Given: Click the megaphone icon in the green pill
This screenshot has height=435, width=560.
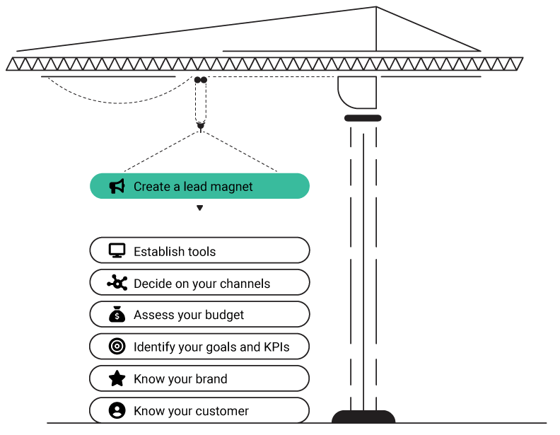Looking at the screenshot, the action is pyautogui.click(x=117, y=186).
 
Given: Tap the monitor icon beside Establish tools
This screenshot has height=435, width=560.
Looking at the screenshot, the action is pyautogui.click(x=117, y=250).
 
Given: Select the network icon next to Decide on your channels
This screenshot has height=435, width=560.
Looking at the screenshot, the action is pyautogui.click(x=117, y=282).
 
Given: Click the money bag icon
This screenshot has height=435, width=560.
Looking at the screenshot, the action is pyautogui.click(x=117, y=314).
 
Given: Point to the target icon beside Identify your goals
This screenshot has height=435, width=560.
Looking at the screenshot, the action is pyautogui.click(x=117, y=346).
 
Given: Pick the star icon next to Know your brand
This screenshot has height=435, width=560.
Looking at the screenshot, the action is pyautogui.click(x=117, y=378).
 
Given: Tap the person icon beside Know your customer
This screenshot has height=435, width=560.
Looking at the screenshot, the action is pyautogui.click(x=117, y=410).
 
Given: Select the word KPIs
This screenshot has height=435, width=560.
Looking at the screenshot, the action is pyautogui.click(x=276, y=347).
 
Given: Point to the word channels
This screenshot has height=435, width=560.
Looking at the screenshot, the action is pyautogui.click(x=245, y=284).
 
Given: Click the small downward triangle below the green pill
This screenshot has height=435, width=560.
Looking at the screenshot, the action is pyautogui.click(x=199, y=208).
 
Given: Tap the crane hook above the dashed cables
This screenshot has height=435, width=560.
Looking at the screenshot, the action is pyautogui.click(x=201, y=126).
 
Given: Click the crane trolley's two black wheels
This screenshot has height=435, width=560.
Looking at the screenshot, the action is pyautogui.click(x=201, y=80).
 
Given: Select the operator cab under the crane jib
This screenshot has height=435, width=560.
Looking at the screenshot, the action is pyautogui.click(x=357, y=92).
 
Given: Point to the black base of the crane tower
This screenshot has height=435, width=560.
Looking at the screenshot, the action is pyautogui.click(x=363, y=417).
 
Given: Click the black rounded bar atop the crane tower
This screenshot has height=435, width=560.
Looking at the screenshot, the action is pyautogui.click(x=363, y=118).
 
